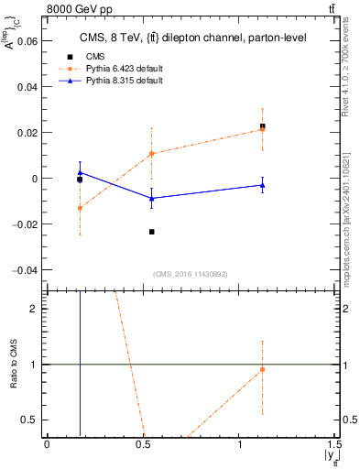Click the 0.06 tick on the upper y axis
click(27, 40)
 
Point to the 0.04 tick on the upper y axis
click(27, 86)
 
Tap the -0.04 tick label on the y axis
click(25, 270)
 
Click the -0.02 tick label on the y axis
click(25, 224)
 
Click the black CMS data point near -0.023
click(151, 232)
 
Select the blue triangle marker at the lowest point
click(151, 198)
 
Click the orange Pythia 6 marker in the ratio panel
click(262, 369)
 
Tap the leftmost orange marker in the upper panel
click(80, 208)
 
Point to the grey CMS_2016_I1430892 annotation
click(191, 275)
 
